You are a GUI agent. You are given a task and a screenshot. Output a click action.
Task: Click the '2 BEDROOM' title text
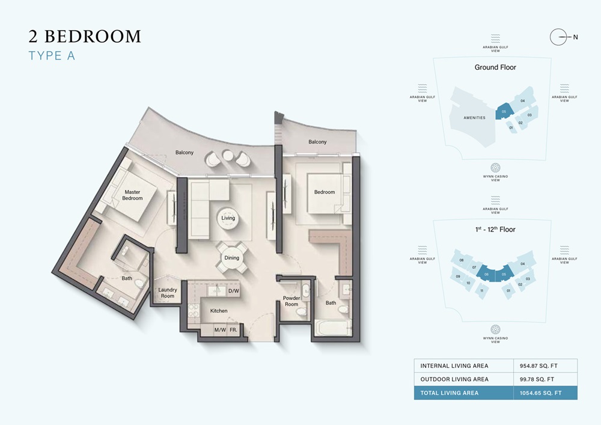85,37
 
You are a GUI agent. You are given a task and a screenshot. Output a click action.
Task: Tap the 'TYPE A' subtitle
53,57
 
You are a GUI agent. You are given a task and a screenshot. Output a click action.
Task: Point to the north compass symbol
560,37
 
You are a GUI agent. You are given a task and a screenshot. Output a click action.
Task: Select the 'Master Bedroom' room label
133,195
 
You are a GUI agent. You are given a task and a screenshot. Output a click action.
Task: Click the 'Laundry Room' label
167,293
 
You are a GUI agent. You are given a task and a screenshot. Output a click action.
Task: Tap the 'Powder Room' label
291,301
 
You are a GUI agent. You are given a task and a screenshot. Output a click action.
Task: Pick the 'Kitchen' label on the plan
219,311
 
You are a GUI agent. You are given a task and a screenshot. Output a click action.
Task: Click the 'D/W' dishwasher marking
234,291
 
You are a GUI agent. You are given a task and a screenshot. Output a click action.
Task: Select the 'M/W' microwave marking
219,330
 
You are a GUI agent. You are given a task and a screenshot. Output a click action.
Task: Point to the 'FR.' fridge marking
233,330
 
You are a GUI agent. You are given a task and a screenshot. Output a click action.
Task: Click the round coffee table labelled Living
228,218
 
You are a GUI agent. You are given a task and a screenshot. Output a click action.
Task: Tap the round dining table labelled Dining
231,257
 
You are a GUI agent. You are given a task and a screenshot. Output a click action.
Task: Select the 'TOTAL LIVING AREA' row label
450,393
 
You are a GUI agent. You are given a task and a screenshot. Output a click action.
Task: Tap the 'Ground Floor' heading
495,67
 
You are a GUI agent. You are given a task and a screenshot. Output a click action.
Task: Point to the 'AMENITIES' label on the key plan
474,118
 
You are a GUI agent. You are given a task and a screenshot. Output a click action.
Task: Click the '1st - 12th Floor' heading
495,229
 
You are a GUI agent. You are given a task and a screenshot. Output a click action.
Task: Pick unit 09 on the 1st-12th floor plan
458,276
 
